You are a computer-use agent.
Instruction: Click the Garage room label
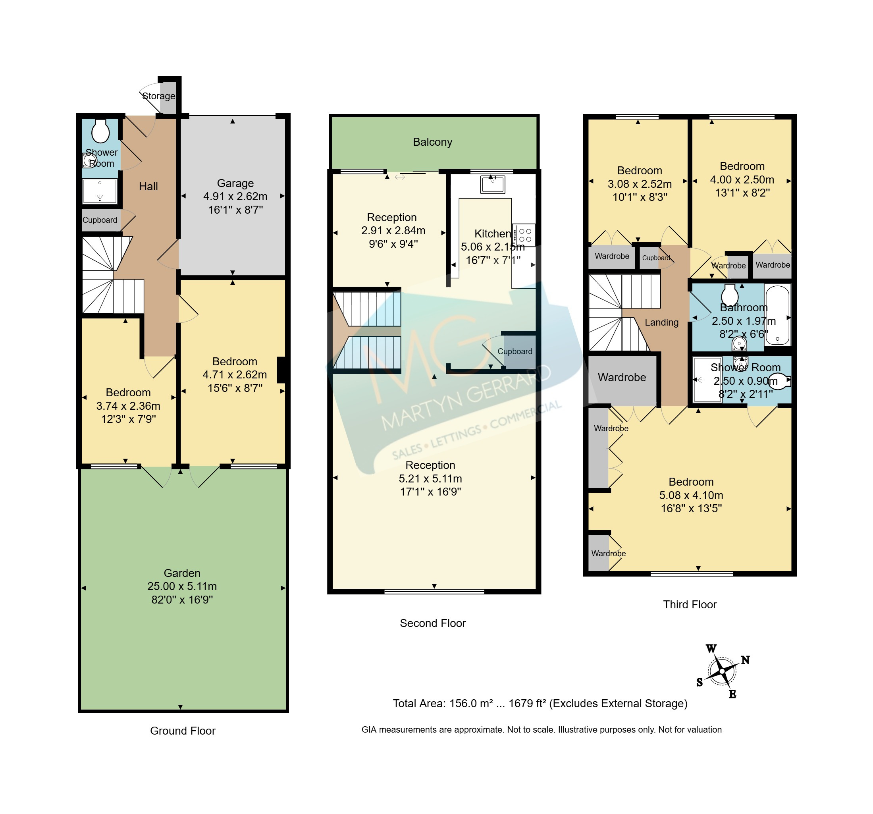[x=235, y=183]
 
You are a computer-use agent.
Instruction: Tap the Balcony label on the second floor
[x=433, y=142]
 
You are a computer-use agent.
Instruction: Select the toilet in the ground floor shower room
[x=100, y=131]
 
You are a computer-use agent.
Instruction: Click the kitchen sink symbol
[x=493, y=184]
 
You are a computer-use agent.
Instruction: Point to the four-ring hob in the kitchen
[x=524, y=235]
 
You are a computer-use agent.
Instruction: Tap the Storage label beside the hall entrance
[x=158, y=96]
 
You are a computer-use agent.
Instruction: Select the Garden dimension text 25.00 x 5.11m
[x=182, y=586]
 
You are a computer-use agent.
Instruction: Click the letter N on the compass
[x=745, y=660]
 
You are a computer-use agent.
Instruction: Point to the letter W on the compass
[x=711, y=648]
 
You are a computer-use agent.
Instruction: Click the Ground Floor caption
[x=183, y=731]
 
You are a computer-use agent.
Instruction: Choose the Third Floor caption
[x=690, y=604]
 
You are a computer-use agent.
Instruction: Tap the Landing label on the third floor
[x=661, y=322]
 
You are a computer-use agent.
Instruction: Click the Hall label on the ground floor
[x=148, y=186]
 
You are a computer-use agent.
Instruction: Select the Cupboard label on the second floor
[x=515, y=351]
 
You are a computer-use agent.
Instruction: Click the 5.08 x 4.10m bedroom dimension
[x=691, y=495]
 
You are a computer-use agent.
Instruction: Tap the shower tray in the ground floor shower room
[x=100, y=191]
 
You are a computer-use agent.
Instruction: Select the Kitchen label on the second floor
[x=493, y=234]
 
